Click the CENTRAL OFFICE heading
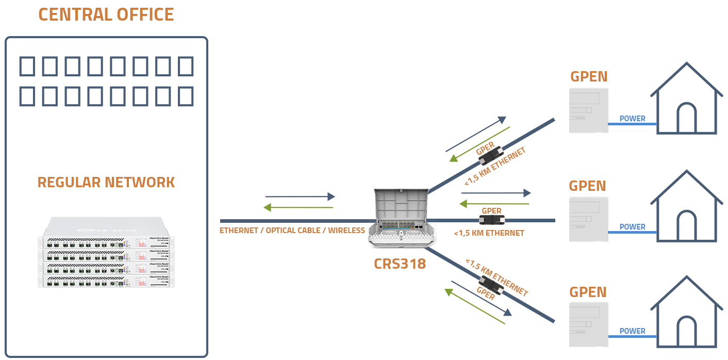point(106,14)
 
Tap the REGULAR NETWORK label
point(106,183)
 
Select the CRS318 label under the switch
point(400,264)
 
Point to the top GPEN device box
point(588,110)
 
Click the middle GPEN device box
point(588,219)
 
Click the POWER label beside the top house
point(632,119)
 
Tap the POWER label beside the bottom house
point(632,331)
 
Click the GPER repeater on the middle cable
point(491,220)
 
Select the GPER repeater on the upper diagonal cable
point(490,155)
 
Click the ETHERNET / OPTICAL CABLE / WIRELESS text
point(292,231)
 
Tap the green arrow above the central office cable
point(299,207)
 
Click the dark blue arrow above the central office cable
point(300,197)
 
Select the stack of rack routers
point(106,252)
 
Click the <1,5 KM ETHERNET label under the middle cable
point(489,233)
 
